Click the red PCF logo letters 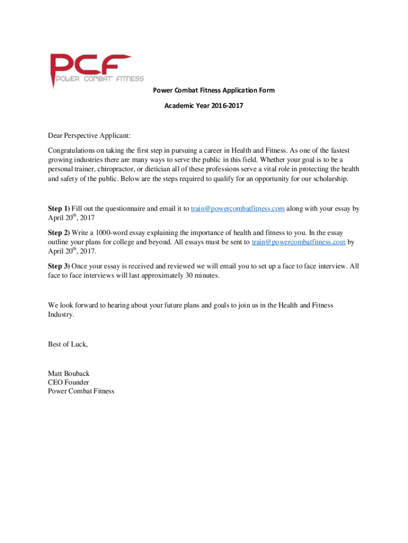click(90, 65)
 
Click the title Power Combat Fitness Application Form click(214, 90)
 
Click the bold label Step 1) click(58, 208)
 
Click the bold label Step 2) click(58, 233)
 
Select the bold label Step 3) click(58, 266)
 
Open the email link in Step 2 click(298, 242)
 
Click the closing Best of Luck click(68, 344)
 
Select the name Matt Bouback click(69, 373)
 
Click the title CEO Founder click(68, 382)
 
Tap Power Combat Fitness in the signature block click(81, 391)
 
